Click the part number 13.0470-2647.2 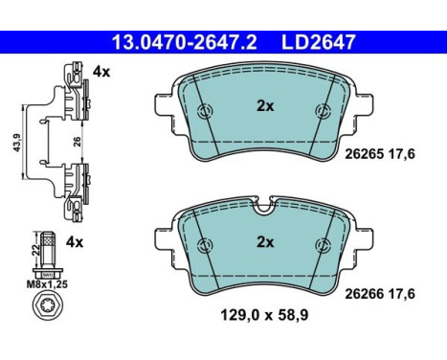coord(185,43)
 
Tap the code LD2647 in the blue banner coord(318,43)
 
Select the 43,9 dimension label coord(16,143)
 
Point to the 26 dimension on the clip coord(77,142)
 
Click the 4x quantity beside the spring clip coord(101,72)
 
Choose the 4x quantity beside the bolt coord(75,242)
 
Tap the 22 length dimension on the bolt coord(36,250)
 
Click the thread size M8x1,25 coord(47,284)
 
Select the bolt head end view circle coord(48,305)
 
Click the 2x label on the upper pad coord(265,106)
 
